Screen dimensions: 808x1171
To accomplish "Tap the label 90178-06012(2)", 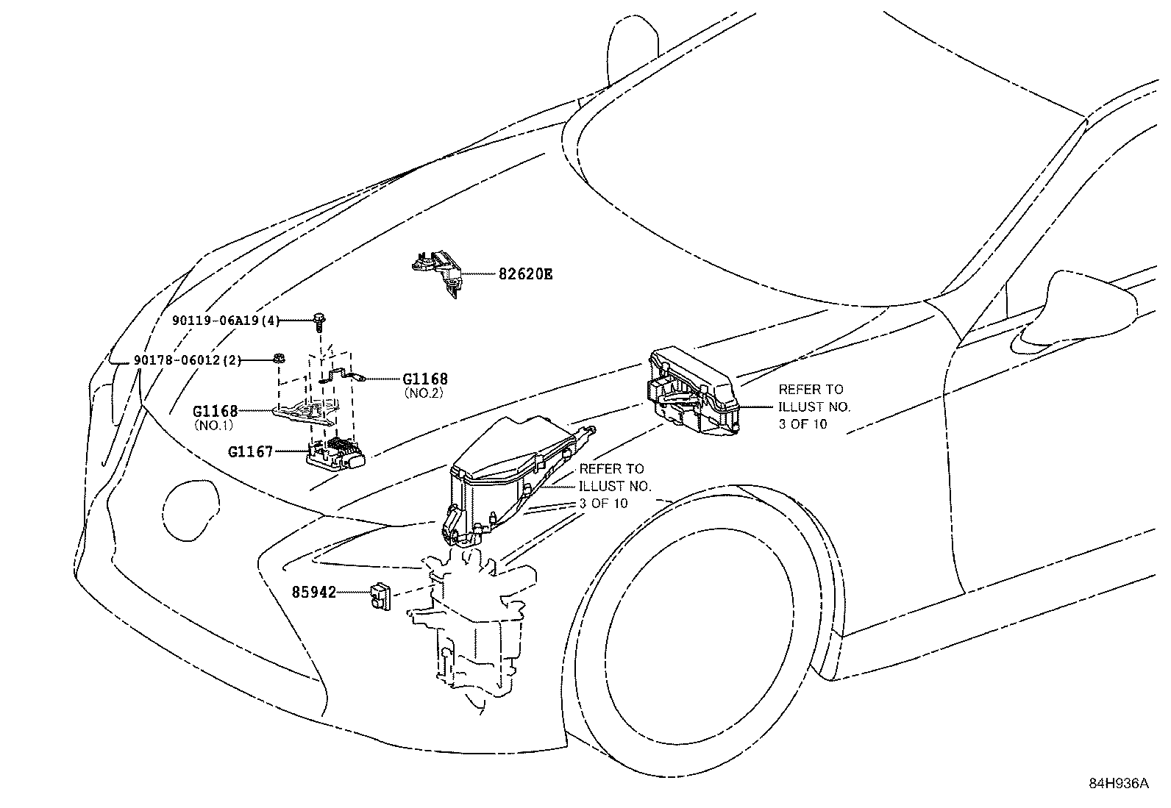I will (x=188, y=360).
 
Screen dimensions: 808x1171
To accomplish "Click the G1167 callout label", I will (x=250, y=451).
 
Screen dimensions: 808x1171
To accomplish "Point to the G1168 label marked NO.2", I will (x=425, y=379).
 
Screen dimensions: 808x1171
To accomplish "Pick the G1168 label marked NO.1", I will (x=215, y=412).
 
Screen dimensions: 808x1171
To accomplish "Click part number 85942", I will (x=313, y=591).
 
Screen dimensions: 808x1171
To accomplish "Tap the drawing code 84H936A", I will (x=1118, y=783).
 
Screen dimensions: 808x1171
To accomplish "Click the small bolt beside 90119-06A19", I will (x=321, y=320).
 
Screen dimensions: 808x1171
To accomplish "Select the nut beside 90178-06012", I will (x=280, y=359).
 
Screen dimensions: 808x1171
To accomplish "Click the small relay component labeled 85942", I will (x=380, y=596).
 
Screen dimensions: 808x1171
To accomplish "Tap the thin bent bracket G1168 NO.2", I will (x=342, y=375).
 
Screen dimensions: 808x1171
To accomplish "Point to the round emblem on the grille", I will (x=191, y=507).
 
